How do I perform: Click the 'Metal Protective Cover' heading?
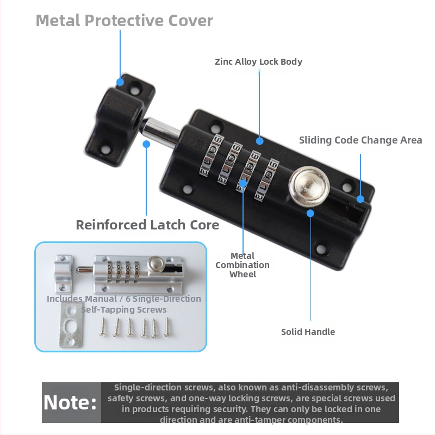click(124, 21)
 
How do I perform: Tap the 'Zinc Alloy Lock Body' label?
click(258, 61)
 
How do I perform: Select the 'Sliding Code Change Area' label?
click(361, 140)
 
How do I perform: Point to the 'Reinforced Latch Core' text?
click(147, 225)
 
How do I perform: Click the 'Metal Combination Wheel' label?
click(243, 265)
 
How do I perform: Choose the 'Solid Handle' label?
click(308, 332)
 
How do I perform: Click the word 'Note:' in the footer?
click(70, 402)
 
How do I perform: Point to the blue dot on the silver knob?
click(310, 213)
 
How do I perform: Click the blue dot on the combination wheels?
click(243, 184)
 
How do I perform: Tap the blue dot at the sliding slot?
click(360, 199)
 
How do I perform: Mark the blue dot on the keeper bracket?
click(120, 82)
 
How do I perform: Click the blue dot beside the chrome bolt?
click(146, 144)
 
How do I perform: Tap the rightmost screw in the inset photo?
click(166, 328)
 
